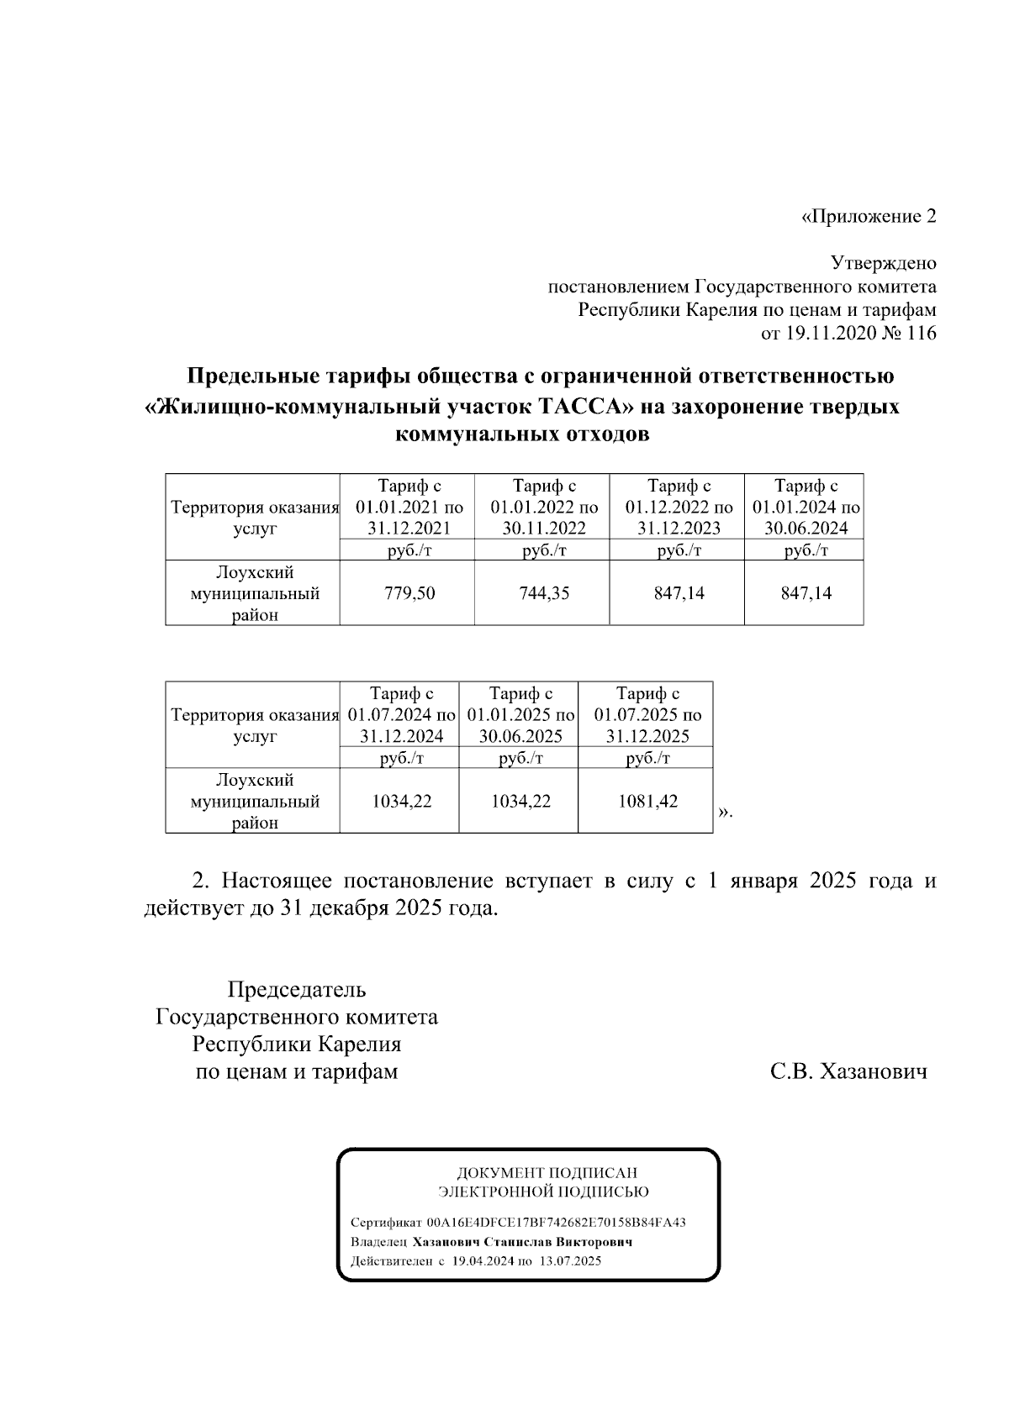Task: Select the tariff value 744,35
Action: point(543,593)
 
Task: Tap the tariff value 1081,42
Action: point(647,801)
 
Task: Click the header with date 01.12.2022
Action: point(679,508)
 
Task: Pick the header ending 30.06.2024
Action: point(806,529)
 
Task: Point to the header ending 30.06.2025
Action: point(520,737)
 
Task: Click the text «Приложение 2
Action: point(869,217)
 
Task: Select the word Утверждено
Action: point(884,264)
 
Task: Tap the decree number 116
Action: point(922,334)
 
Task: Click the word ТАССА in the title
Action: point(585,408)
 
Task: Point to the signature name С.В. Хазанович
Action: point(849,1072)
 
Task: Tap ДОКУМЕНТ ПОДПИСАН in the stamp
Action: point(547,1172)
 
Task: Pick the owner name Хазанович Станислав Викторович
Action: point(522,1242)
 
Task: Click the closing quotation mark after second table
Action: point(725,812)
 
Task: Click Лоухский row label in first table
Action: point(255,573)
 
